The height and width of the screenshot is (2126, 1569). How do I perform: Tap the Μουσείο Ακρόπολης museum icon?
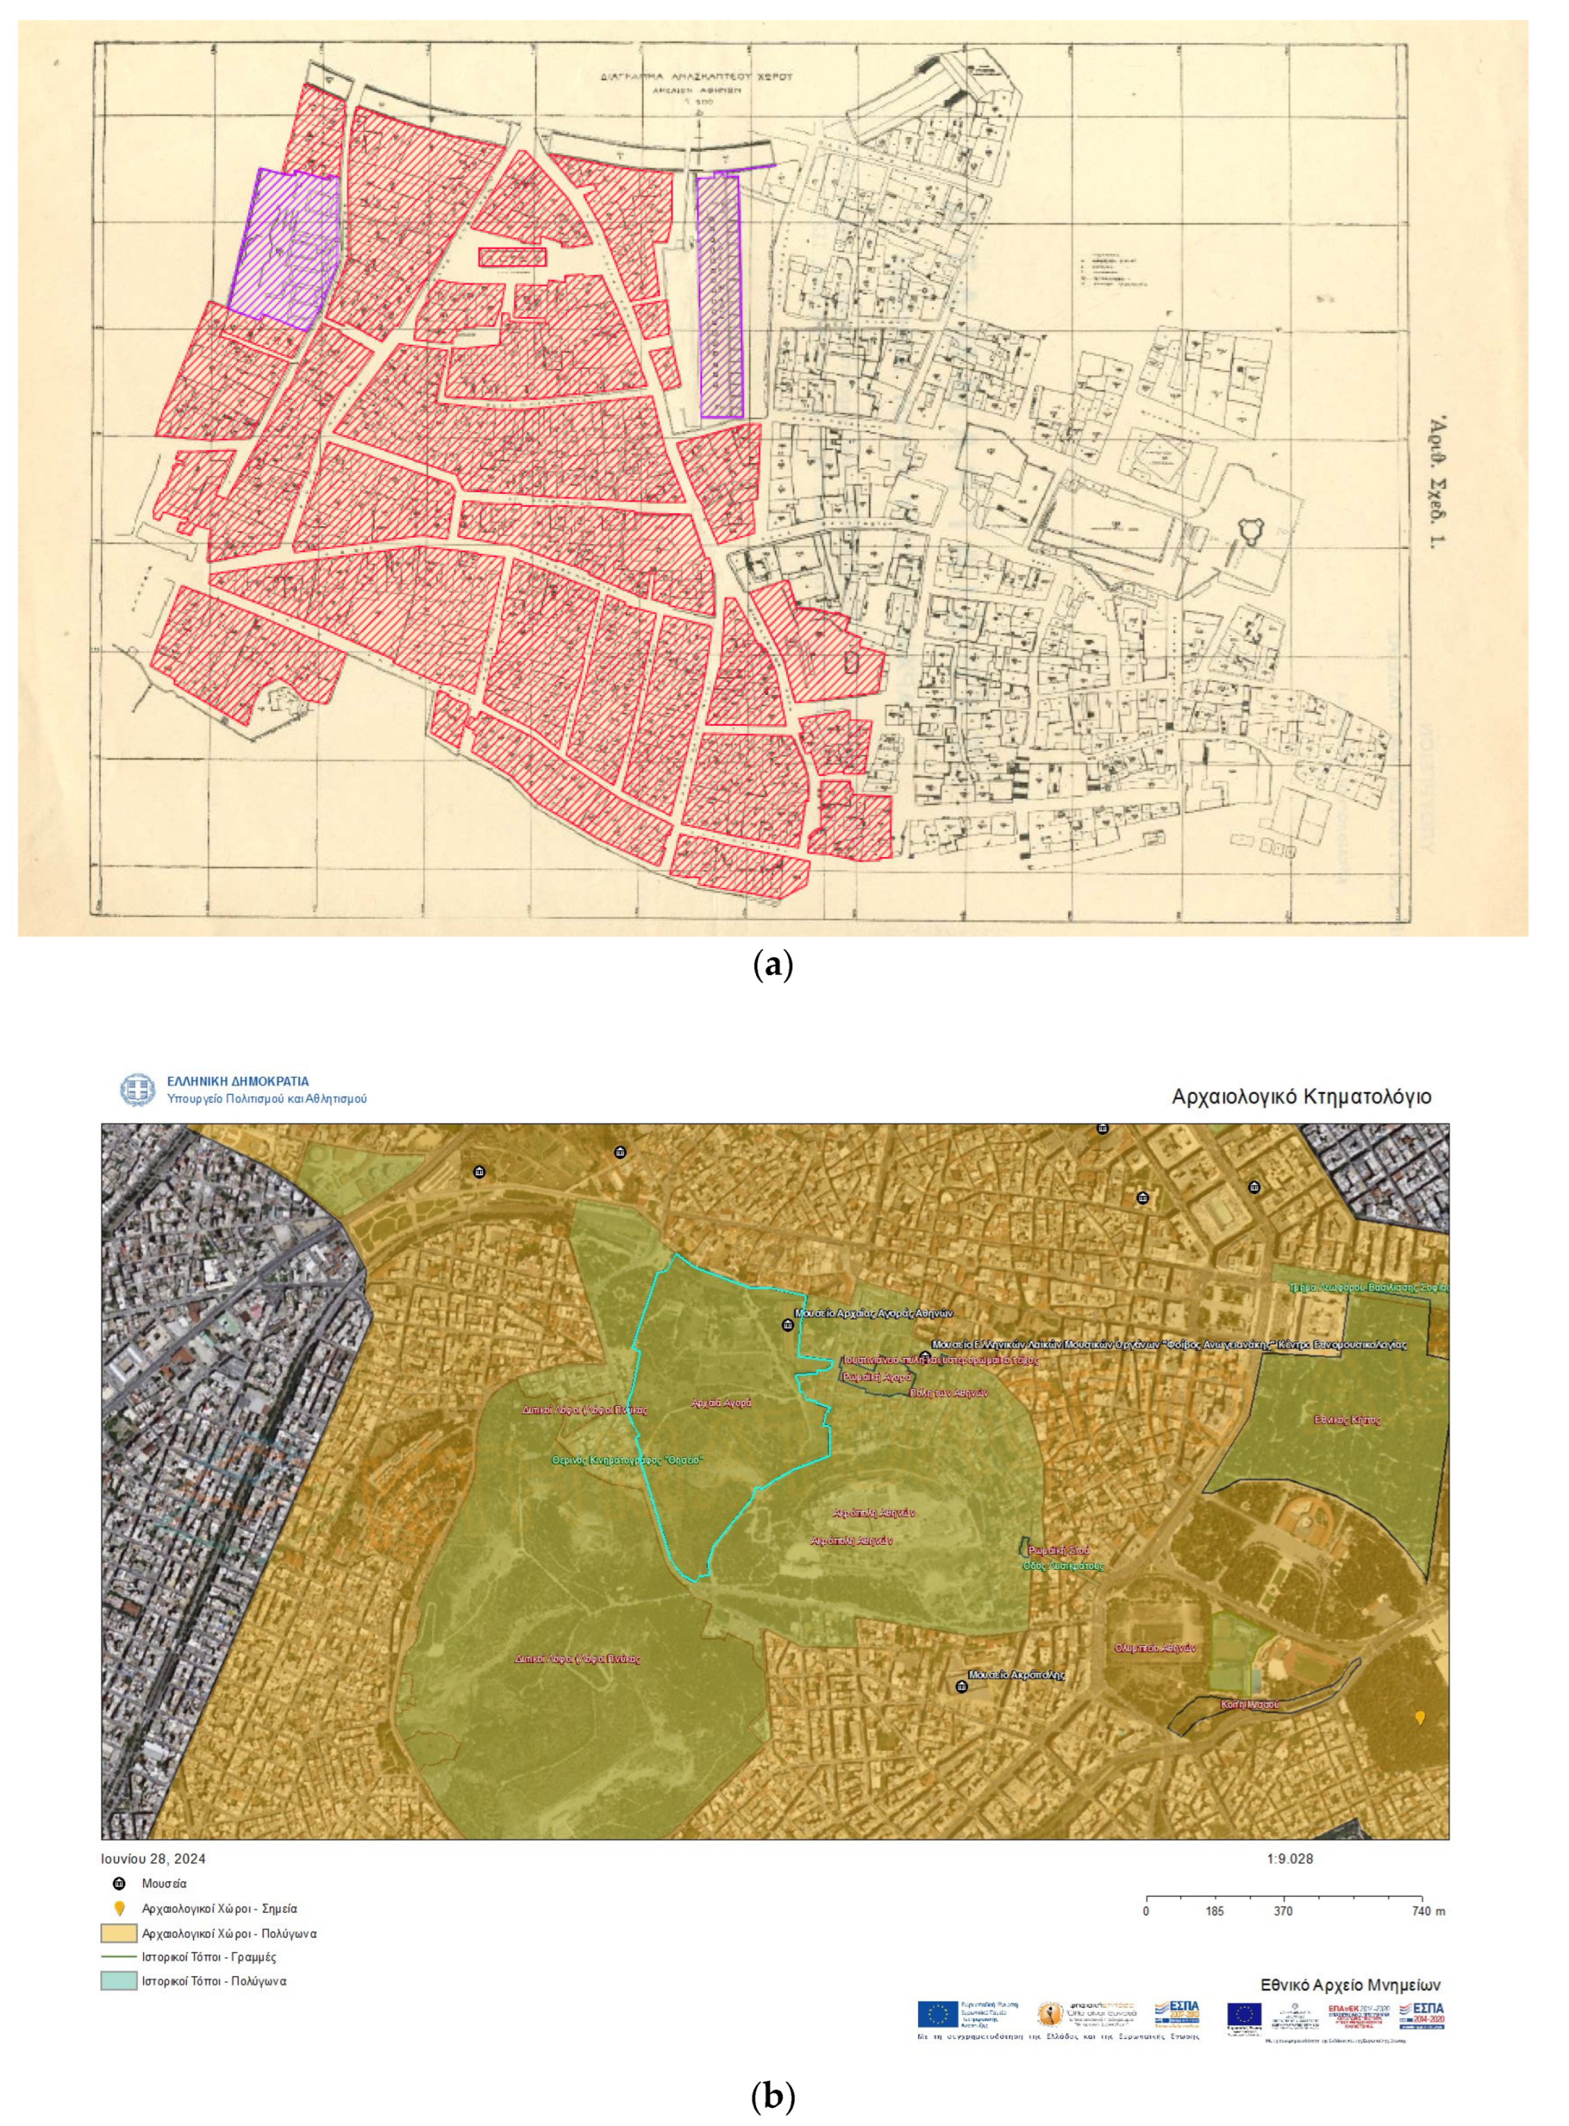pos(961,1686)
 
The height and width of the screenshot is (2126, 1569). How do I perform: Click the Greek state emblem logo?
pos(137,1090)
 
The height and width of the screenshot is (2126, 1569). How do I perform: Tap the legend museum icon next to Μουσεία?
pos(119,1883)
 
